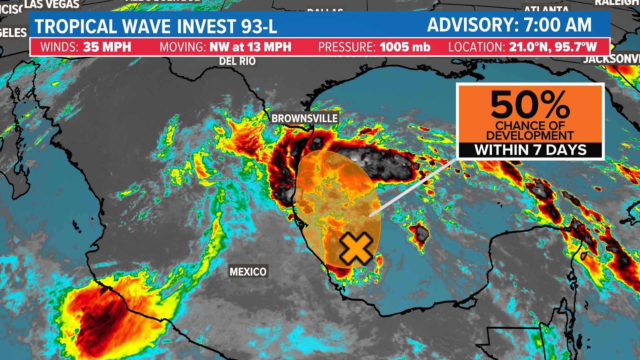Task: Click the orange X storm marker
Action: click(356, 249)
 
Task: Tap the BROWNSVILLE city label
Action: click(304, 118)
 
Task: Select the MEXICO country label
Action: click(248, 272)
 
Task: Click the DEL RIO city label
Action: click(237, 61)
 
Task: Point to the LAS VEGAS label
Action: click(52, 4)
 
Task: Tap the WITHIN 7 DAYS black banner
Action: click(530, 150)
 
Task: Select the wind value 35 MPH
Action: click(107, 47)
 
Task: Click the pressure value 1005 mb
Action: click(405, 47)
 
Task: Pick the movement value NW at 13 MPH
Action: click(250, 47)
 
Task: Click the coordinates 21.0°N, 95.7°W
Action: click(553, 47)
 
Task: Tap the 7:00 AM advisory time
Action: click(557, 25)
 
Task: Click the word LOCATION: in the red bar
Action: click(476, 47)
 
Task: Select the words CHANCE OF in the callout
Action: click(530, 126)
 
